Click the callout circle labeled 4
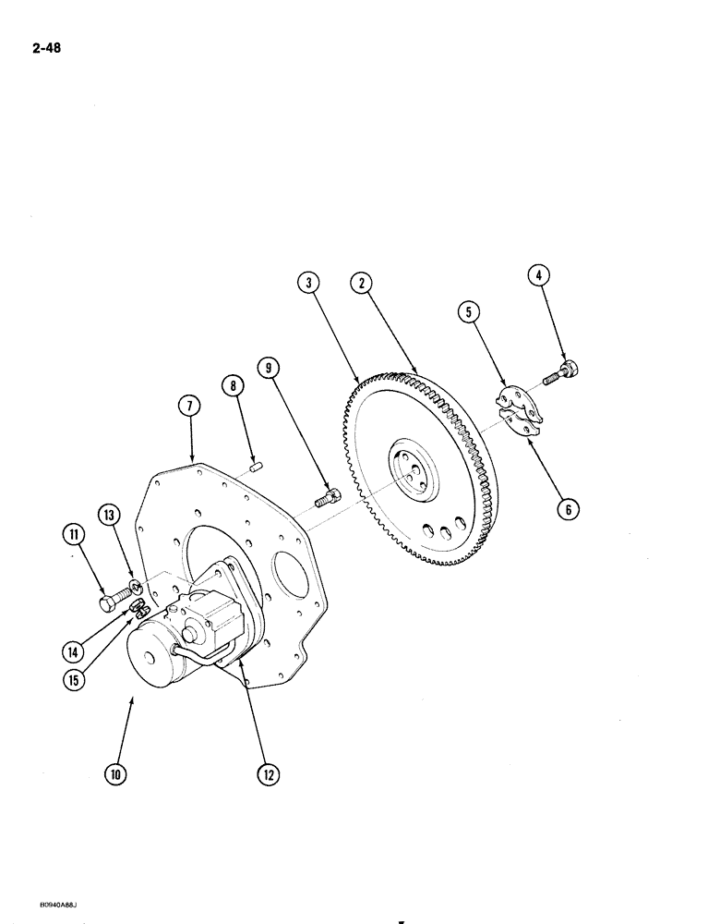[x=540, y=275]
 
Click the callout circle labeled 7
[x=190, y=406]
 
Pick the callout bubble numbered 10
[x=114, y=774]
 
